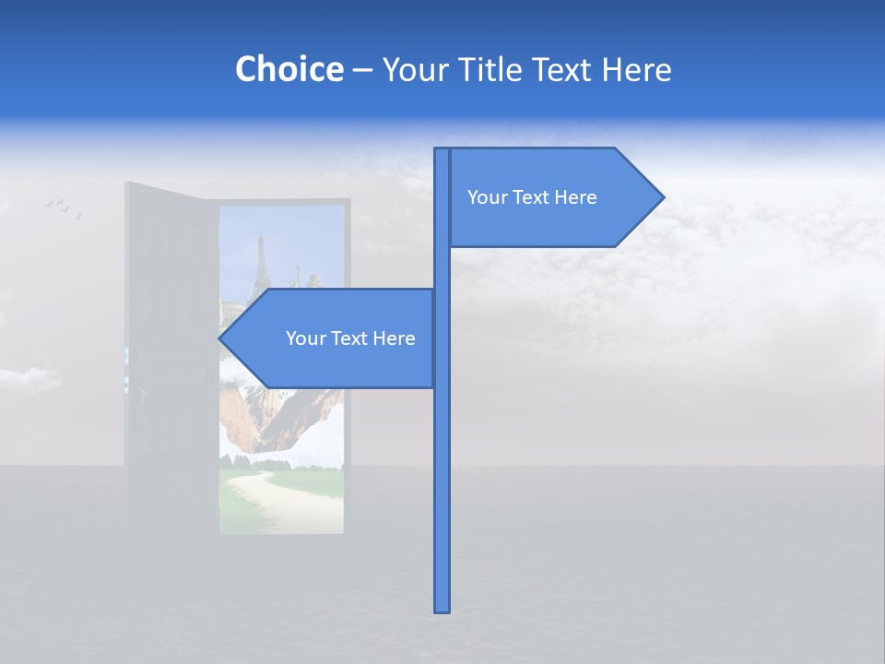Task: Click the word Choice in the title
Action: pyautogui.click(x=289, y=69)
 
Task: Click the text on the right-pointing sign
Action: pyautogui.click(x=532, y=197)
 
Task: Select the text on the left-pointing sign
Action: pyautogui.click(x=350, y=338)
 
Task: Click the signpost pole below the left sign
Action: pyautogui.click(x=442, y=498)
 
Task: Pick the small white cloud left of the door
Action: pyautogui.click(x=28, y=378)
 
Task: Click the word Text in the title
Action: pyautogui.click(x=563, y=69)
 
